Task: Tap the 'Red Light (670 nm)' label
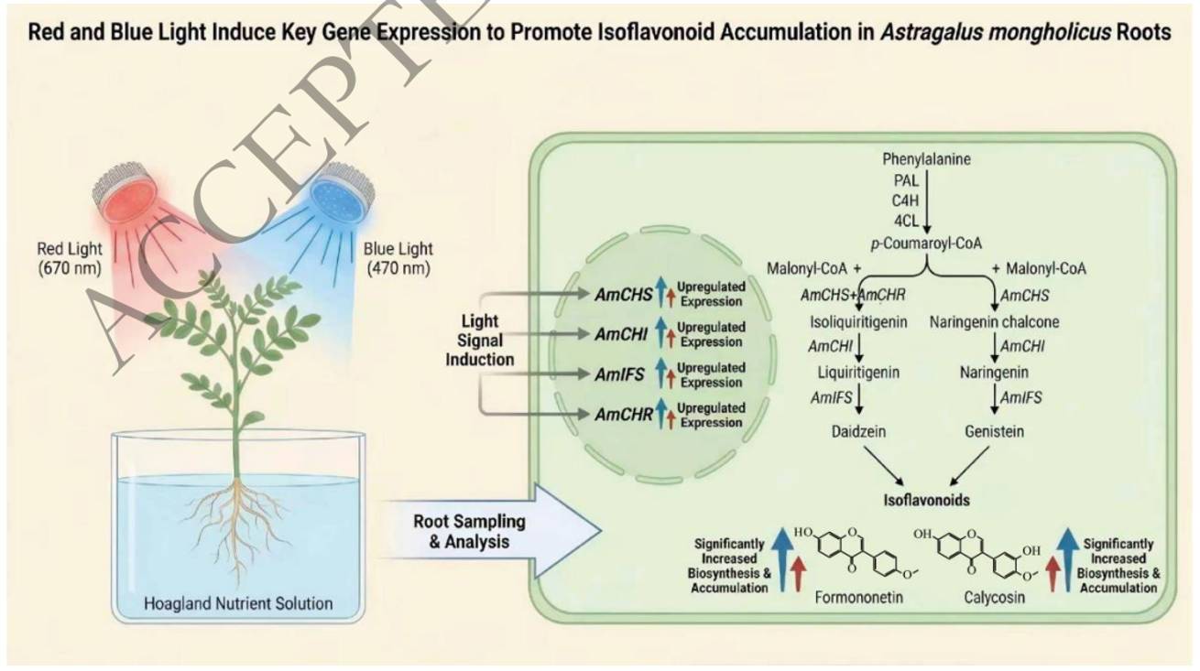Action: tap(70, 258)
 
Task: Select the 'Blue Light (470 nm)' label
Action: tap(398, 258)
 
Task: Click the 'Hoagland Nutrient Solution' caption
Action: tap(238, 603)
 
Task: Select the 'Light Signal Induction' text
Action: tap(479, 340)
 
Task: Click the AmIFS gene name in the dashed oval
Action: tap(619, 374)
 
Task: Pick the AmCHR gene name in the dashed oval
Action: tap(624, 415)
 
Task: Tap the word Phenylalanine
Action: tap(926, 159)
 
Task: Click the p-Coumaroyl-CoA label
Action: tap(926, 244)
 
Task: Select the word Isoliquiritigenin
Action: tap(858, 322)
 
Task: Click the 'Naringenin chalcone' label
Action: tap(994, 322)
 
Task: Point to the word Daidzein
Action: tap(858, 431)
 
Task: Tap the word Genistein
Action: tap(994, 431)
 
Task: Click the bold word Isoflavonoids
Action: tap(926, 500)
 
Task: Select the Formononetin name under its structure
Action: tap(858, 597)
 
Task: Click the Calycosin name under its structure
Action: tap(994, 597)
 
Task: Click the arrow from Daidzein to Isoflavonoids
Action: tap(884, 466)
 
